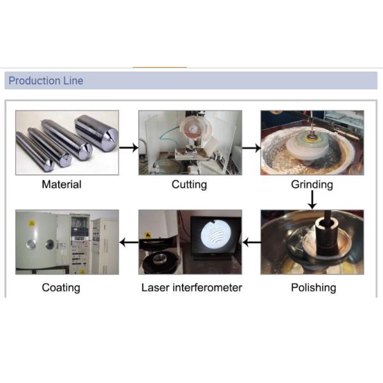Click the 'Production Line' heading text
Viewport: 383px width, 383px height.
click(x=46, y=80)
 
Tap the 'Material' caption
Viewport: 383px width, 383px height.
click(x=61, y=184)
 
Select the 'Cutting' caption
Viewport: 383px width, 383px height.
click(x=190, y=184)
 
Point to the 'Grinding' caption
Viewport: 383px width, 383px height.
click(x=312, y=184)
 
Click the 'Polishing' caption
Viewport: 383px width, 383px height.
click(x=313, y=288)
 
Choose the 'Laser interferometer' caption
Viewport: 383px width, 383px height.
click(x=191, y=287)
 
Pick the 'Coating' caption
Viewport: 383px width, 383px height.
click(x=61, y=288)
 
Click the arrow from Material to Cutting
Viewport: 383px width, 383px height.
click(x=129, y=148)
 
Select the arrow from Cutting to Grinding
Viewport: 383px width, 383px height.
click(x=252, y=148)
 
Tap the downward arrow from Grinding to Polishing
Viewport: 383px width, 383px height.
click(x=312, y=200)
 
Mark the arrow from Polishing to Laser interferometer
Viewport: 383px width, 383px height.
click(x=252, y=243)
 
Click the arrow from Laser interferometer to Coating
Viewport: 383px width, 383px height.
click(x=129, y=243)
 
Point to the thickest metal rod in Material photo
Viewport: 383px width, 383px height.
click(x=96, y=133)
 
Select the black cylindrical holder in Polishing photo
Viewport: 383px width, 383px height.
click(x=327, y=236)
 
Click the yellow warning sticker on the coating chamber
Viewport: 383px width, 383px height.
click(x=31, y=223)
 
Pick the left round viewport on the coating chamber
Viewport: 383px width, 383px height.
click(x=31, y=244)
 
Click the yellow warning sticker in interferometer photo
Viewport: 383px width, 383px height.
click(x=148, y=236)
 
